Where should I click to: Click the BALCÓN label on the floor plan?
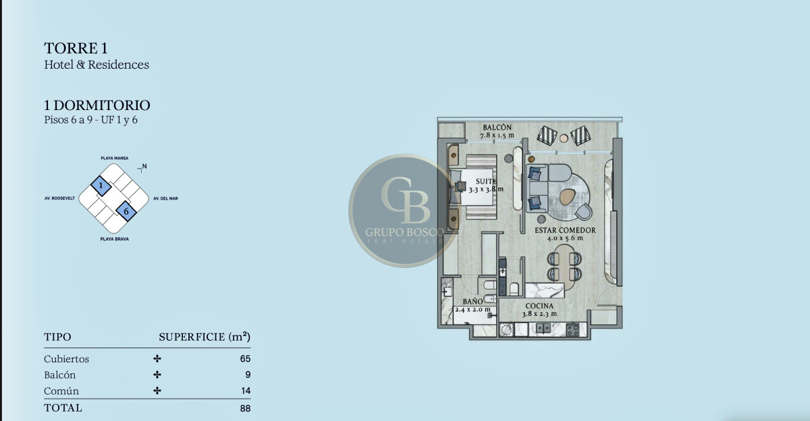tap(497, 128)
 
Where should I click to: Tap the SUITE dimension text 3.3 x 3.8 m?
tap(486, 189)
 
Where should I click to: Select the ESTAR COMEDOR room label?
tap(565, 230)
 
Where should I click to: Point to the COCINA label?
tap(539, 306)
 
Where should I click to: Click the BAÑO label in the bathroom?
tap(473, 302)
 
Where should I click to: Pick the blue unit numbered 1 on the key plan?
tap(101, 186)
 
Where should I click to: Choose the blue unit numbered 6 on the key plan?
tap(126, 211)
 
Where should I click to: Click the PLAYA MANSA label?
tap(115, 159)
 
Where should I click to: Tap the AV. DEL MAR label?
tap(165, 198)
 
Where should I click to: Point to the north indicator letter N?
tap(144, 166)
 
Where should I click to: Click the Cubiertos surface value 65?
tap(245, 358)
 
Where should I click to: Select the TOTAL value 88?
tap(245, 408)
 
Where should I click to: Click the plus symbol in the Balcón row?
tap(157, 374)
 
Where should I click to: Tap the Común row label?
tap(61, 391)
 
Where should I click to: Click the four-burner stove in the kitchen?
tap(572, 330)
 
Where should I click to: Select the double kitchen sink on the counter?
tap(543, 329)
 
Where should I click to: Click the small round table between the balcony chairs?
tap(564, 138)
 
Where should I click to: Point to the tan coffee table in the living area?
tap(568, 196)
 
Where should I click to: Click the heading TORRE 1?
tap(76, 48)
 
